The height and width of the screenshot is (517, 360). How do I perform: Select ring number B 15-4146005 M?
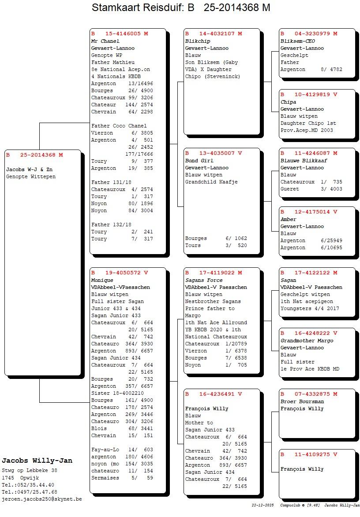[x=120, y=34]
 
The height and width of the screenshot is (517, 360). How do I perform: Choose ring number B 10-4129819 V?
[x=309, y=94]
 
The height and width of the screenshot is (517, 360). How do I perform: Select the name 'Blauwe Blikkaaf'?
[x=304, y=161]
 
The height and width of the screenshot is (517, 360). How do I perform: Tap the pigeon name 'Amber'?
[x=289, y=219]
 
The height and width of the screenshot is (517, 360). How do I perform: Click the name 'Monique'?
[x=102, y=280]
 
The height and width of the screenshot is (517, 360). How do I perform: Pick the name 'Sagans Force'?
[x=204, y=280]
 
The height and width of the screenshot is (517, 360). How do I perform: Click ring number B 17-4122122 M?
[x=309, y=273]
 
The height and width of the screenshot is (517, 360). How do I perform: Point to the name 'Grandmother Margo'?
[x=307, y=341]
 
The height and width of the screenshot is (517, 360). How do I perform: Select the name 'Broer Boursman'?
[x=302, y=401]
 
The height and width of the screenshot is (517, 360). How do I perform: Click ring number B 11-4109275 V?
[x=309, y=454]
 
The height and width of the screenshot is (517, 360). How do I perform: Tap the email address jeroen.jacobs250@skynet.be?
[x=42, y=499]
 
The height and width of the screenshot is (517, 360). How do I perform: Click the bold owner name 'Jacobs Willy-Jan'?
[x=37, y=461]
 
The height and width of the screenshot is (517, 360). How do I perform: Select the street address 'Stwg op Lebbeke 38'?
[x=30, y=471]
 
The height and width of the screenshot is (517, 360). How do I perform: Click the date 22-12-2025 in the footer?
[x=262, y=505]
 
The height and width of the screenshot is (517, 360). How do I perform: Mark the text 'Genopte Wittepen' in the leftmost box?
[x=31, y=176]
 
